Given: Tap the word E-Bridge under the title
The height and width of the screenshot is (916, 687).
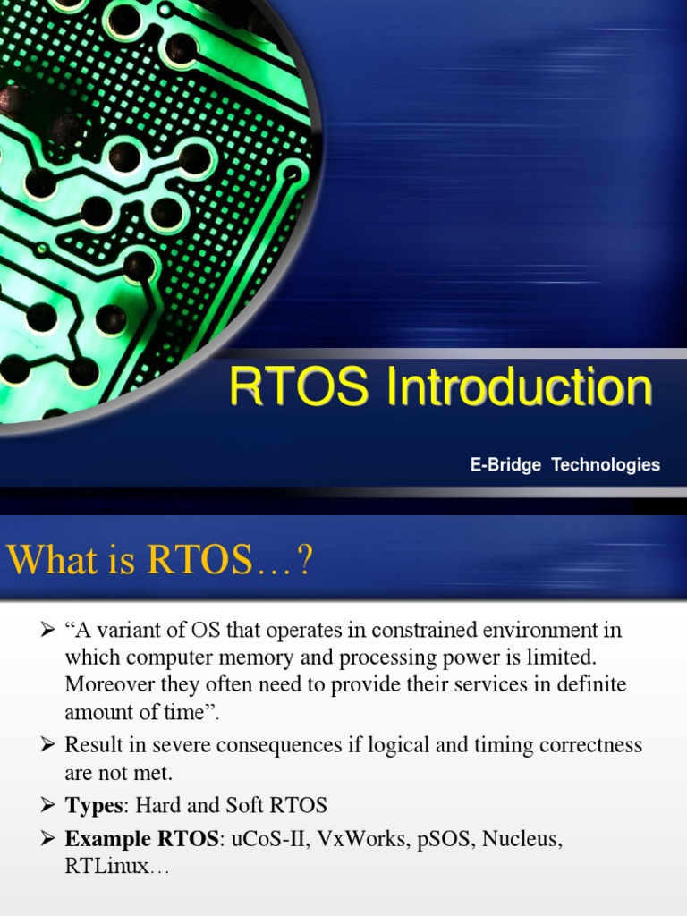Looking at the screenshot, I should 505,465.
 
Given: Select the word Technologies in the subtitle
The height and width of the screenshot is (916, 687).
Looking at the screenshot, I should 606,465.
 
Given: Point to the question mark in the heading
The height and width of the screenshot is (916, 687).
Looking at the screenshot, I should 305,562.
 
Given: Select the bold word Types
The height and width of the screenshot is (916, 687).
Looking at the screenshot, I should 92,805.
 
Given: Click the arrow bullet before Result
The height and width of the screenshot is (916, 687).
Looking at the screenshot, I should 48,745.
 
